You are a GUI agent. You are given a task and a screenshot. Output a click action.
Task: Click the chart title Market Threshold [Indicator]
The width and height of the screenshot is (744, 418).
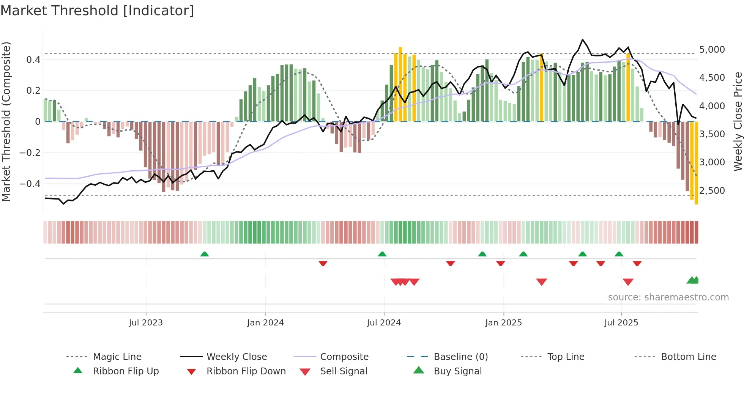(97, 11)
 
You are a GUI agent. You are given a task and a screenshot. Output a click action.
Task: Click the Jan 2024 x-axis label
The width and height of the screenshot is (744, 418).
(265, 322)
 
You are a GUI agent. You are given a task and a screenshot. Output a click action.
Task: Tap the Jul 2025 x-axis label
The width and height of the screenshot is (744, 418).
(621, 322)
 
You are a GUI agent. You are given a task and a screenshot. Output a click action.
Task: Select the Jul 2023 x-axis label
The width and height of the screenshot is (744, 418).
(146, 322)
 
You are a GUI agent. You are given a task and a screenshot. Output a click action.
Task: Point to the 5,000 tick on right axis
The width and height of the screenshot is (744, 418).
(712, 50)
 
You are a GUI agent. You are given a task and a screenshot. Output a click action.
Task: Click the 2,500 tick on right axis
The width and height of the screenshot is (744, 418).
(712, 190)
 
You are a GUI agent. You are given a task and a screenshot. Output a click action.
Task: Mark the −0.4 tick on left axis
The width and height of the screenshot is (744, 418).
(30, 184)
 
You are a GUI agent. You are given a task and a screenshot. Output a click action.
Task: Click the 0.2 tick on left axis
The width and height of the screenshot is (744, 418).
(33, 91)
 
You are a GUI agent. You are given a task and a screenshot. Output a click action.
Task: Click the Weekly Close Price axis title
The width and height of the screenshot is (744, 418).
(738, 121)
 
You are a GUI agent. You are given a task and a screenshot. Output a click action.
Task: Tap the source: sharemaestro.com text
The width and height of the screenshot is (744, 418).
(668, 297)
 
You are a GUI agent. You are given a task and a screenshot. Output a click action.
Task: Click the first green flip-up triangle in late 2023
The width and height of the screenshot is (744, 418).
(205, 254)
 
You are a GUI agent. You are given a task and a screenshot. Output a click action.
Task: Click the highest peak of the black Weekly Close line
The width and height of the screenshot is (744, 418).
(583, 39)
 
